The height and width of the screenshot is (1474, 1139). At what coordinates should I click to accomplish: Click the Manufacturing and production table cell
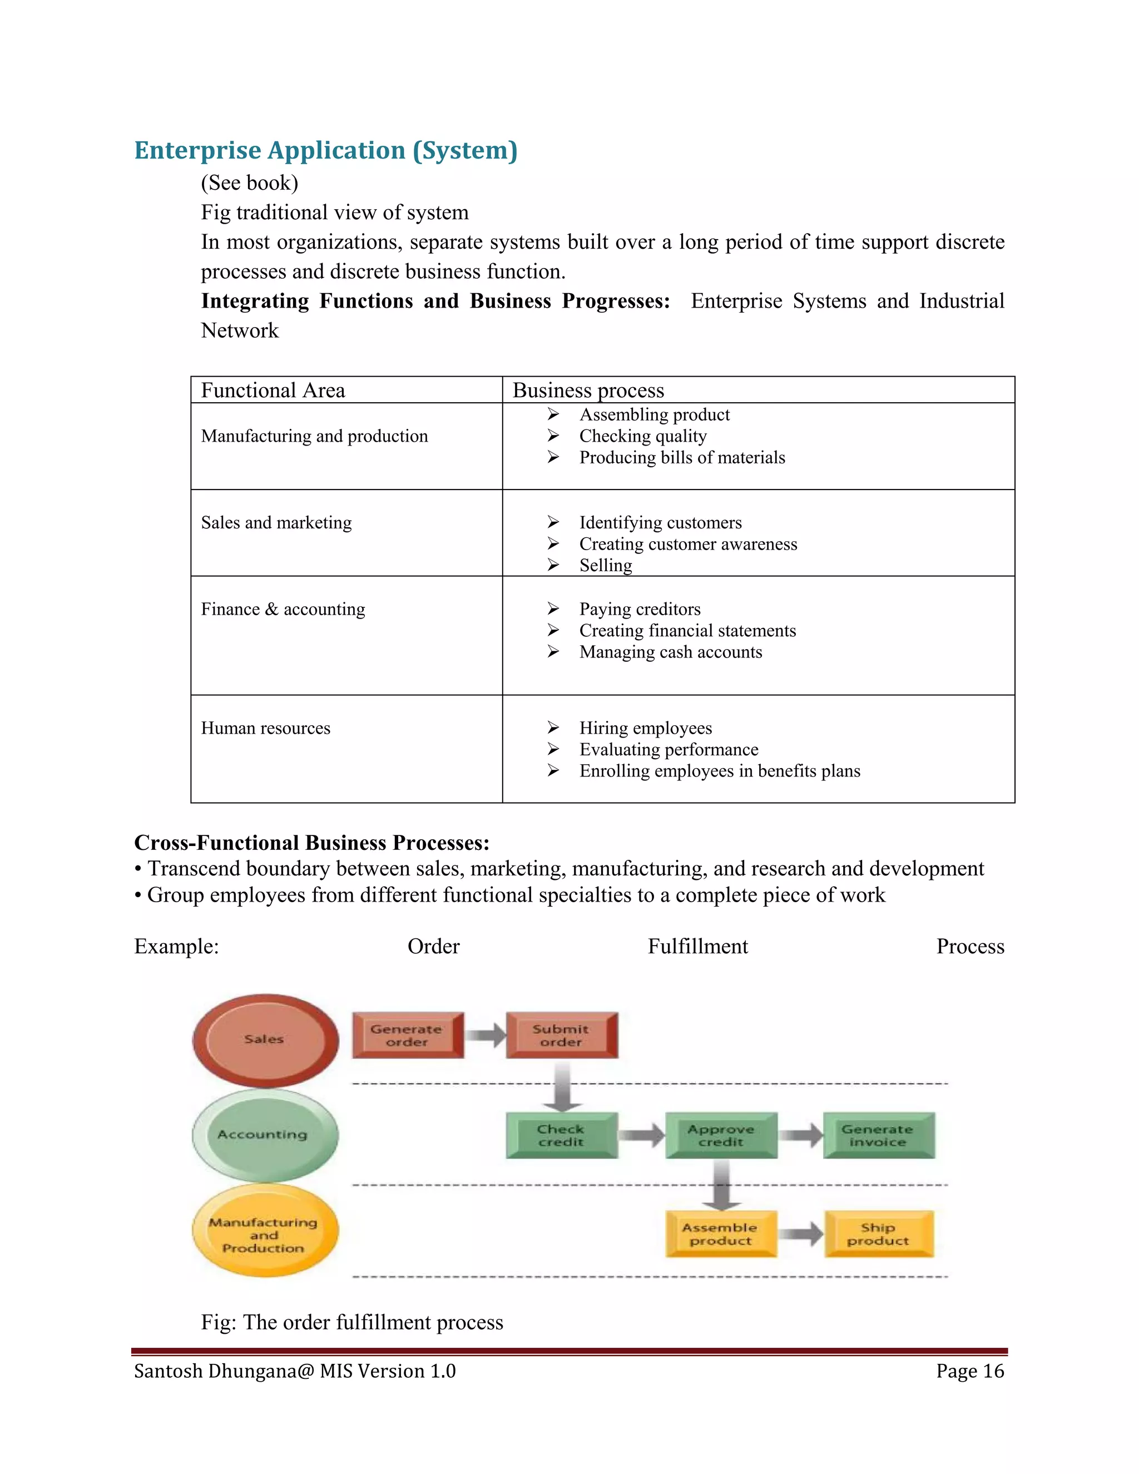(314, 436)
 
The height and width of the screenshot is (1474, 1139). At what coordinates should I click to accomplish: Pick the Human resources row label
(265, 728)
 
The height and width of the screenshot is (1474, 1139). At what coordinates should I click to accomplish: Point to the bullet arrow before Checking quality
(553, 436)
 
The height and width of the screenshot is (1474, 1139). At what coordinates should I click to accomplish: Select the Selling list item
(605, 565)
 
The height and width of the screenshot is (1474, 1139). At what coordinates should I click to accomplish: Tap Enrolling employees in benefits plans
(719, 771)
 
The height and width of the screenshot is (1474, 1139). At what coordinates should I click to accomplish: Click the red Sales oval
(265, 1040)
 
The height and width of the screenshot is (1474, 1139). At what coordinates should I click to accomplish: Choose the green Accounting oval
(264, 1135)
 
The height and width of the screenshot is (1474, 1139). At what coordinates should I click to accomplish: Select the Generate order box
(407, 1035)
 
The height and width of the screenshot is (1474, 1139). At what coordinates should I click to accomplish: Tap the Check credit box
(561, 1135)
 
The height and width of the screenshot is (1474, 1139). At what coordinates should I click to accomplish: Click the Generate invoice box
(878, 1135)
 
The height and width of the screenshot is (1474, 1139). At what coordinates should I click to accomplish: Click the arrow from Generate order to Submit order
(485, 1035)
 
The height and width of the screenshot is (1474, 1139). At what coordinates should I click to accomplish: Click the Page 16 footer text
(969, 1371)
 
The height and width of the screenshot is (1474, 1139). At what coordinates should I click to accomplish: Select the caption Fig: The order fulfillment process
(352, 1322)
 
